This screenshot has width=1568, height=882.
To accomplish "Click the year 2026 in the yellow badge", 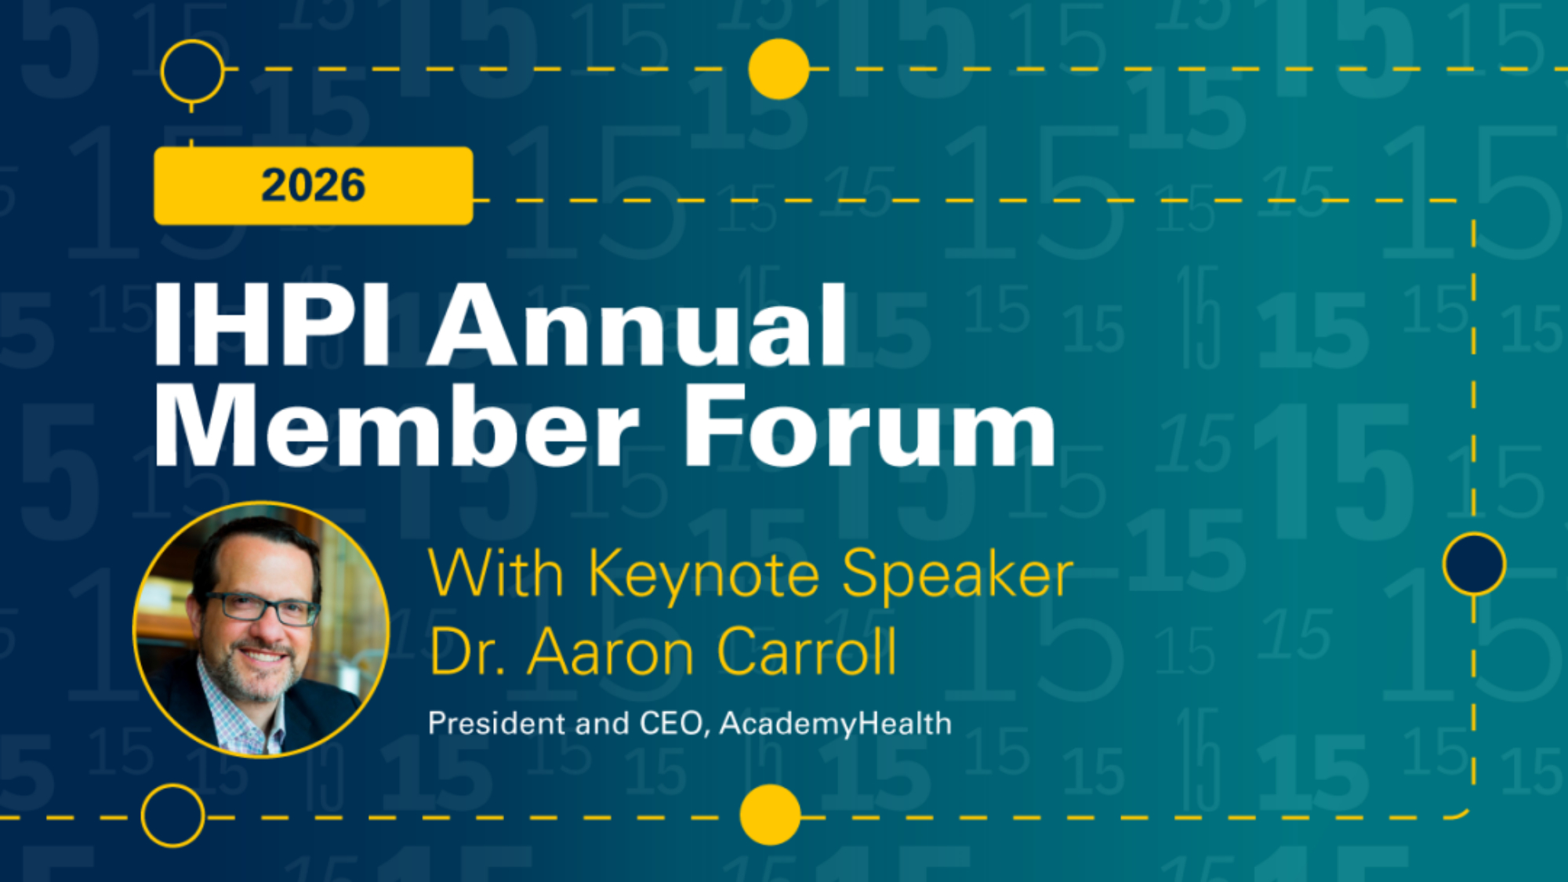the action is [x=313, y=185].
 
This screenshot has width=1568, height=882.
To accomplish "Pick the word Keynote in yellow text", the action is [x=705, y=576].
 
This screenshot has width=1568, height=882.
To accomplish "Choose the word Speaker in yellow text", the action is [x=957, y=576].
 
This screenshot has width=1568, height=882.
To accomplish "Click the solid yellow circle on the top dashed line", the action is [x=779, y=69].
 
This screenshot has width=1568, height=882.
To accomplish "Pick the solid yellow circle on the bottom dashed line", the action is [x=771, y=815].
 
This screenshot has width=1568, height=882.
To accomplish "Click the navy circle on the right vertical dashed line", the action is [x=1474, y=564].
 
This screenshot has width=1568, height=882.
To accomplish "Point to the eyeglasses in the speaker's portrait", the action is [x=262, y=608].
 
